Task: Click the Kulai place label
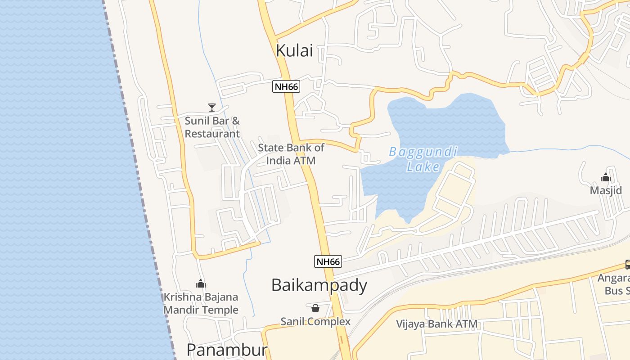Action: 294,51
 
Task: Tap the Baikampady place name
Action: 319,285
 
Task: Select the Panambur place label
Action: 227,350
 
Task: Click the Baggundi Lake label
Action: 423,159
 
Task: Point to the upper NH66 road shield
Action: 286,86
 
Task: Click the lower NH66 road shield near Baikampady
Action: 328,261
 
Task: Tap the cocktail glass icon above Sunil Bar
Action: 211,107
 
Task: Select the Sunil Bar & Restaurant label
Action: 212,127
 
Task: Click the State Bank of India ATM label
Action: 291,154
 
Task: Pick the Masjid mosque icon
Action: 605,177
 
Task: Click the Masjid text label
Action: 606,190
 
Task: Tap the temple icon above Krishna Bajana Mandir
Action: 200,283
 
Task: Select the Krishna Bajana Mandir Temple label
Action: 201,303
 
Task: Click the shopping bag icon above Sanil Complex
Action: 315,308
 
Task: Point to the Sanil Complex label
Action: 315,321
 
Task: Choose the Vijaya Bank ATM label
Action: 436,324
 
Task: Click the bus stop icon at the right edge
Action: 627,265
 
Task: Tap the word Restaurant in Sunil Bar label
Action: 212,134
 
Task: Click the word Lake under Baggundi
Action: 423,167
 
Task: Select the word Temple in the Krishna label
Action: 220,310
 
